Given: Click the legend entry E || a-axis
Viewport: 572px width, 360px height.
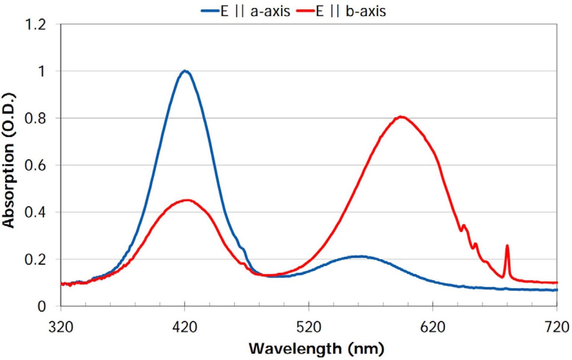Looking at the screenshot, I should [x=245, y=11].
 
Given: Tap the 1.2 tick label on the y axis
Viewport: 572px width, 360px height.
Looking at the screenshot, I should [x=35, y=25].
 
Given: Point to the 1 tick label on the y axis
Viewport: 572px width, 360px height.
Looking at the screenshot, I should [x=41, y=71].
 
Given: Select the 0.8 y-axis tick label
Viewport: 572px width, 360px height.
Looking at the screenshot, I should [x=35, y=118].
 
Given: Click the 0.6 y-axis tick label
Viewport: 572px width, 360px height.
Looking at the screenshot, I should [x=35, y=165].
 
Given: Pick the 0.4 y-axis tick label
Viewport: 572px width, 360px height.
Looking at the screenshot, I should [x=35, y=212].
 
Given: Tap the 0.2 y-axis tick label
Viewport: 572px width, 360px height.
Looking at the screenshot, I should [x=35, y=259].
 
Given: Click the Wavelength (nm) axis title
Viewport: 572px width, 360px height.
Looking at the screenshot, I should [x=316, y=349].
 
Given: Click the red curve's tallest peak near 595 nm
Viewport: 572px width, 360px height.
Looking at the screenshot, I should [x=401, y=117].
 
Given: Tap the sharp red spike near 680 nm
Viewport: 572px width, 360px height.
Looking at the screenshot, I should [x=507, y=246].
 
